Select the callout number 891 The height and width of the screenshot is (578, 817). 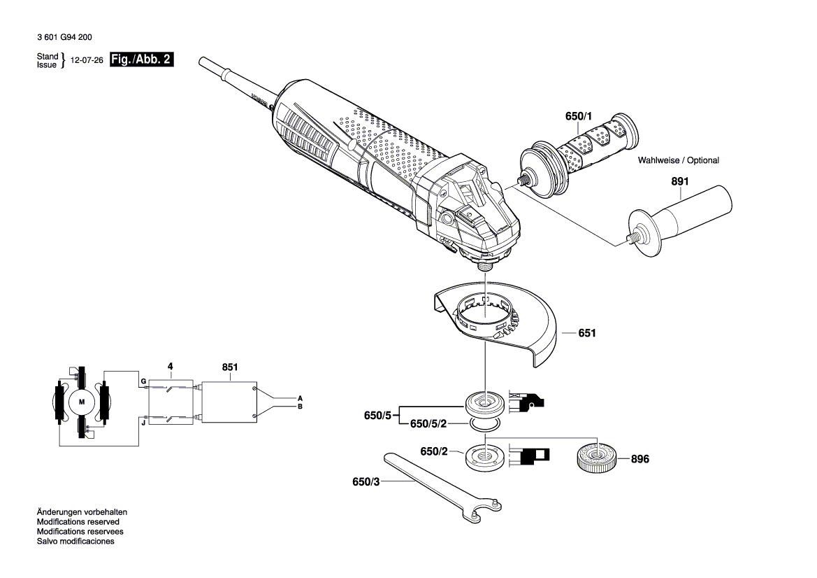pos(680,181)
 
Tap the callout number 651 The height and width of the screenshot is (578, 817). pos(587,334)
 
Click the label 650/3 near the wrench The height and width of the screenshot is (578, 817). pos(368,482)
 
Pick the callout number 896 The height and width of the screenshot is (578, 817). pos(639,460)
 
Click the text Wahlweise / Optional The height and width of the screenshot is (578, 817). pos(678,160)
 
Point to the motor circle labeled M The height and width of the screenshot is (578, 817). pos(81,402)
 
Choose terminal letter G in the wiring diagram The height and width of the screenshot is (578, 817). pos(143,381)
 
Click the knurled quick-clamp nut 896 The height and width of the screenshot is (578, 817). pos(596,459)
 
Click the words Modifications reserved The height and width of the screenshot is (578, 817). pos(78,522)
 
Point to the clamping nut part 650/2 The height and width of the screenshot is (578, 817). pos(483,457)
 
